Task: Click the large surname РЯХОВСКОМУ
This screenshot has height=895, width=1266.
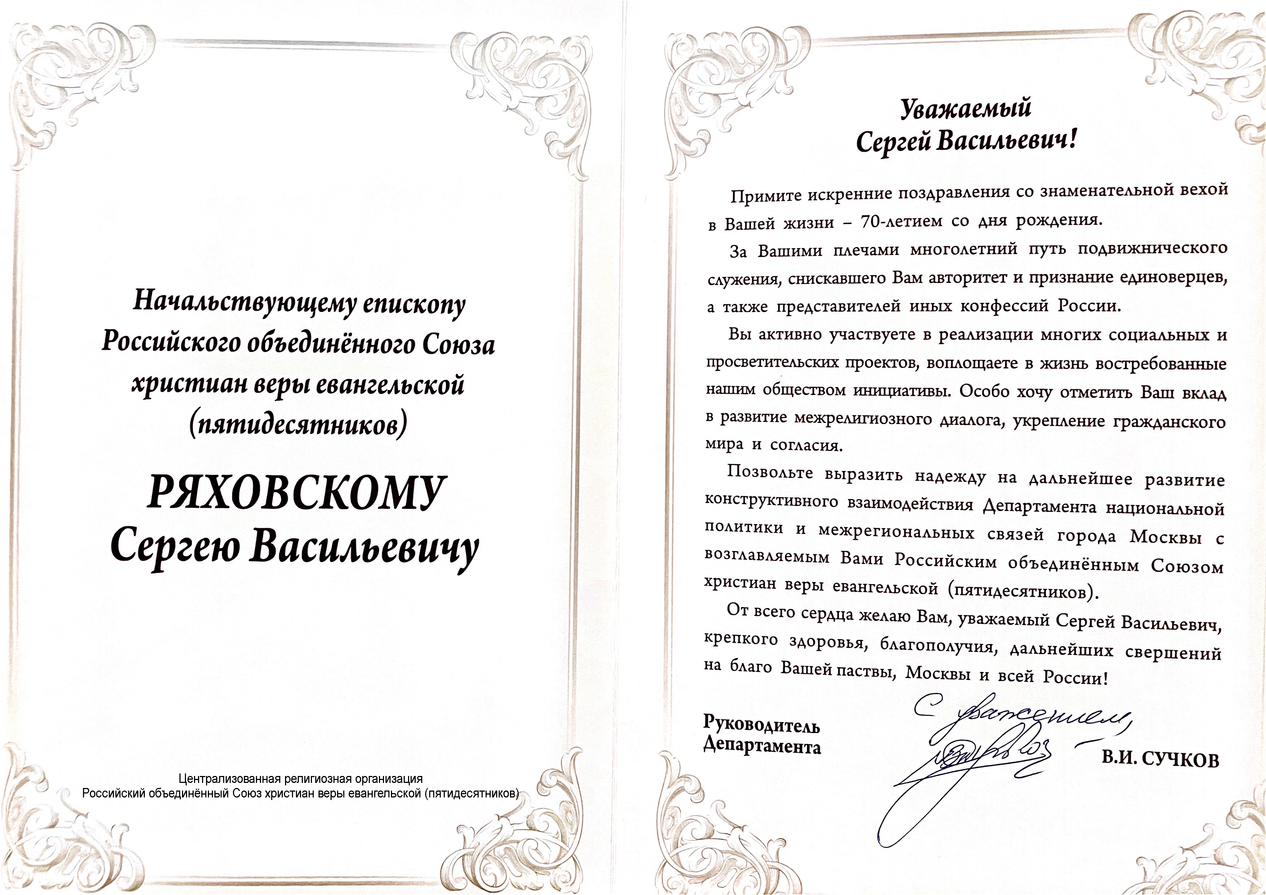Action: (x=296, y=492)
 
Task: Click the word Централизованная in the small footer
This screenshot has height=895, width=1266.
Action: (x=230, y=779)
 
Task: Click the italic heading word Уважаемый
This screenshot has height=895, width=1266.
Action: (x=965, y=108)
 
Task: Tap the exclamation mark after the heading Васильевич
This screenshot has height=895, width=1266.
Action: (x=1071, y=140)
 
